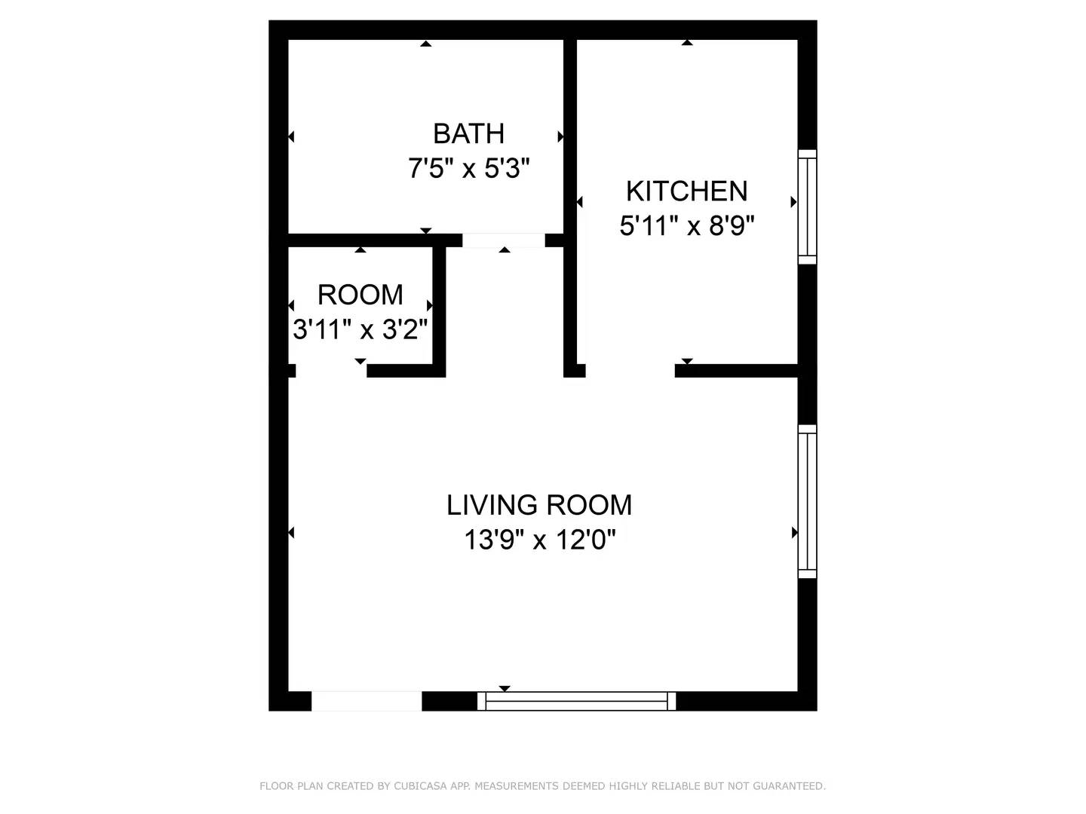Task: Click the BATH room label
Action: pos(468,133)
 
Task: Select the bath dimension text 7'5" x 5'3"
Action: pos(468,168)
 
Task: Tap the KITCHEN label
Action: pos(687,191)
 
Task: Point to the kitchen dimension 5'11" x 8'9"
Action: pos(687,226)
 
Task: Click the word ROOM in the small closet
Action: pos(360,295)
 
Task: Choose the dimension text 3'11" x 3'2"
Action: pos(360,329)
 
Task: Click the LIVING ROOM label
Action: pos(539,505)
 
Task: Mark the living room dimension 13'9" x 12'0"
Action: pos(539,539)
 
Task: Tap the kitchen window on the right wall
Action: pos(808,207)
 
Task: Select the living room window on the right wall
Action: pos(808,501)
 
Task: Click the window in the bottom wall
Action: pos(576,701)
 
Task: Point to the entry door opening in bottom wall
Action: pos(367,701)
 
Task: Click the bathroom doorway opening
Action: pos(504,240)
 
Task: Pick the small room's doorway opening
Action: pos(332,371)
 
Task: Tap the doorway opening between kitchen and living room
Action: pos(630,371)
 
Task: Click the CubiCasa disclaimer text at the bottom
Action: pos(543,785)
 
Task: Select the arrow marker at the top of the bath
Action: pos(426,44)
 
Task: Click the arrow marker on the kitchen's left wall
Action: pos(580,202)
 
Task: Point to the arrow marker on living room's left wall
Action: pos(291,532)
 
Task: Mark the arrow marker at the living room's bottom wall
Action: pos(505,688)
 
